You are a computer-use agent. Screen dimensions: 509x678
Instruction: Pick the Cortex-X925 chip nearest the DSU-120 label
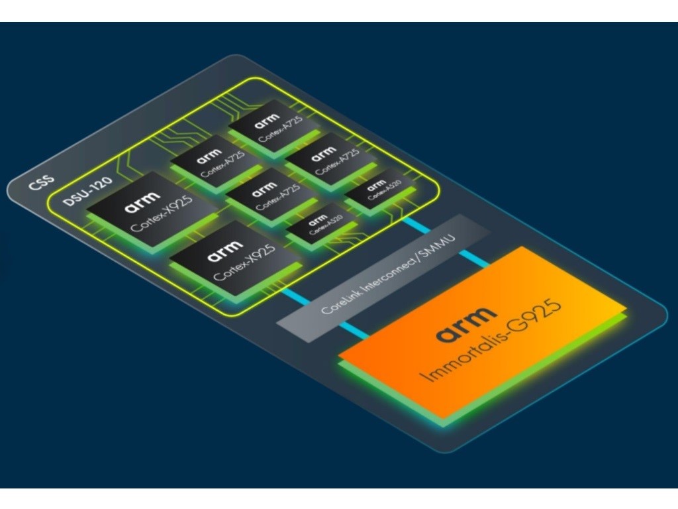[x=152, y=209]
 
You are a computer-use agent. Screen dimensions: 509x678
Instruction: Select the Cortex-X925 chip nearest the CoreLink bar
[x=235, y=262]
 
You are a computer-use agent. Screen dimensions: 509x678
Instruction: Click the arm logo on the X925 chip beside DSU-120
[x=142, y=199]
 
